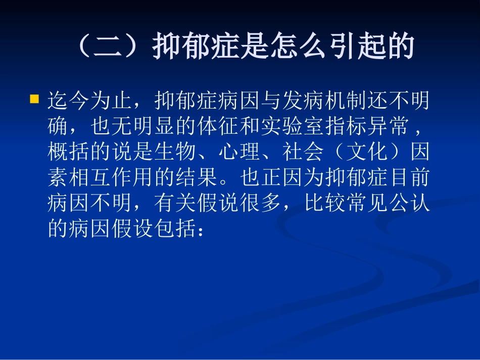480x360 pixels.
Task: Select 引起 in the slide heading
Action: (x=360, y=48)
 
